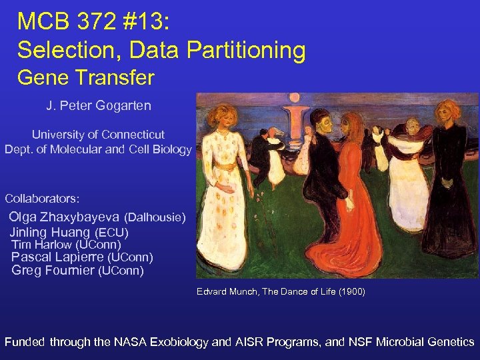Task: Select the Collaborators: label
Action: coord(42,199)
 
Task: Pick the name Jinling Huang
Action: coord(49,233)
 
